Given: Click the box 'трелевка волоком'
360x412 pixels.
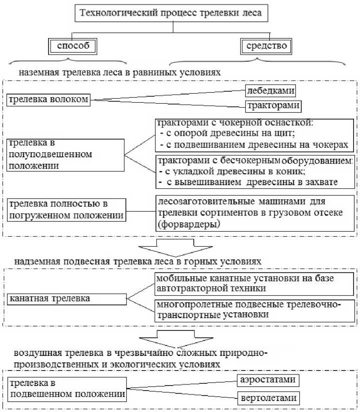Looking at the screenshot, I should click(48, 99).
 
